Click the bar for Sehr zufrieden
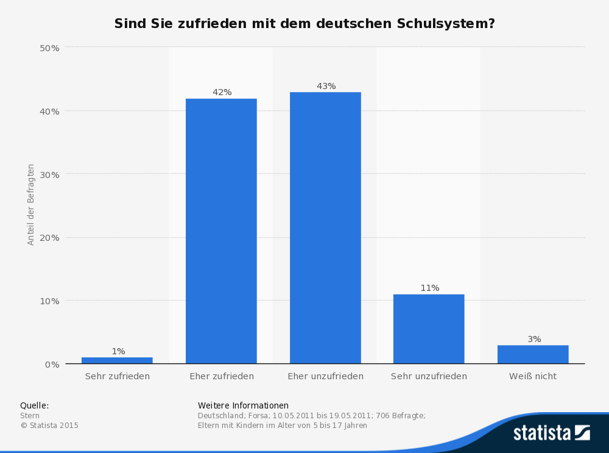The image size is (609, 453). (x=117, y=360)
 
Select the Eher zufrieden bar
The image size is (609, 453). (x=221, y=232)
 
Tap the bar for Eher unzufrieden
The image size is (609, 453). (x=325, y=229)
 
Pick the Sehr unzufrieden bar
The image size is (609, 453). (x=429, y=329)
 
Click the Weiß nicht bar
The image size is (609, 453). (x=533, y=354)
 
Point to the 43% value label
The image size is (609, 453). (x=326, y=86)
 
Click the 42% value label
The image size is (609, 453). (x=222, y=92)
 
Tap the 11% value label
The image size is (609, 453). (x=429, y=288)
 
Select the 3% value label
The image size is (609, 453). (x=534, y=339)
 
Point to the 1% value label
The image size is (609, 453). (x=118, y=351)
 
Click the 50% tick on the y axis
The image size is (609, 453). (x=49, y=48)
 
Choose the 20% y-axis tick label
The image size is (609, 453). (x=49, y=238)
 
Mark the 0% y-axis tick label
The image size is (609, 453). (x=52, y=365)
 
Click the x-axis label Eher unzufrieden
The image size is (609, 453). (x=325, y=377)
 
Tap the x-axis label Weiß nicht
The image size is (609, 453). (x=533, y=377)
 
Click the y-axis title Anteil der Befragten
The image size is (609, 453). (x=31, y=204)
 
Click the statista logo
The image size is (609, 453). (x=551, y=433)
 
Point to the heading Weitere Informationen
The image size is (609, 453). (x=243, y=405)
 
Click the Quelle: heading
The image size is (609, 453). (x=34, y=405)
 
